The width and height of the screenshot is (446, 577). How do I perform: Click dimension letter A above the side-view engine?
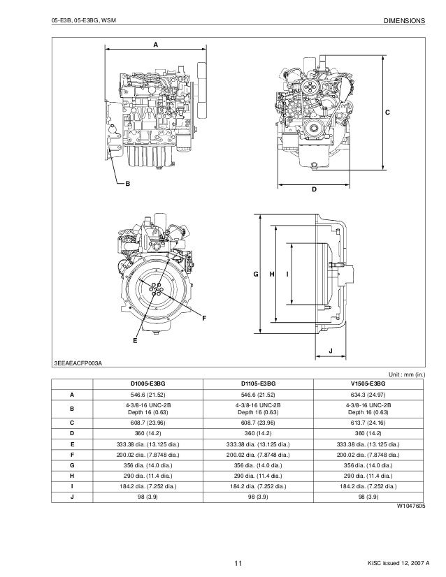[x=155, y=43]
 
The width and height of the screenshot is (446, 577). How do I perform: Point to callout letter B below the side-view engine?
[x=127, y=184]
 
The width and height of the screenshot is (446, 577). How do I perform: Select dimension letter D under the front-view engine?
[x=314, y=190]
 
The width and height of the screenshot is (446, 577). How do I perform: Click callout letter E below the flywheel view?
[x=135, y=341]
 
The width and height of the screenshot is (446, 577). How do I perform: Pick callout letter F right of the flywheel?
[x=204, y=319]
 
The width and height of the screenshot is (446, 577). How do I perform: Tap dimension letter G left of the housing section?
[x=256, y=275]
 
